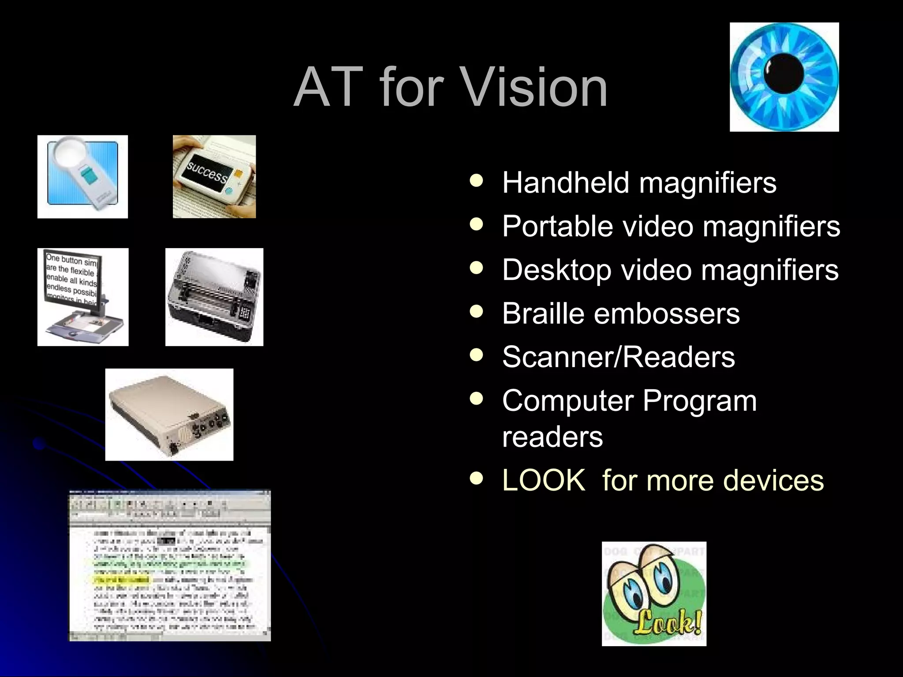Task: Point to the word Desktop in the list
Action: coord(556,270)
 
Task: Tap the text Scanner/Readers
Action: coord(618,357)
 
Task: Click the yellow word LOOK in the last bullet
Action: coord(544,480)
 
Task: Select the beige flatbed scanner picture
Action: coord(169,414)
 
